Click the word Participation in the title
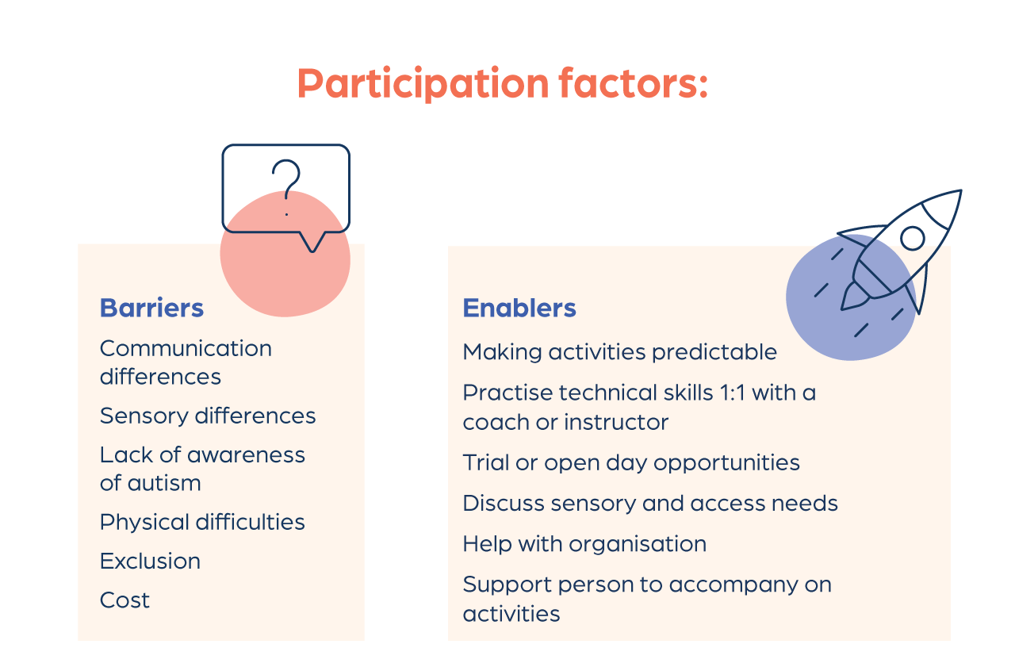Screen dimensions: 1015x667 (x=423, y=83)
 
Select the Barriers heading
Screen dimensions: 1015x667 (x=151, y=309)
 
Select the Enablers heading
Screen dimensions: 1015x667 (x=519, y=309)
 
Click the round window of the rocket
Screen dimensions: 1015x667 (x=913, y=239)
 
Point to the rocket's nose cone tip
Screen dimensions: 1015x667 (x=961, y=191)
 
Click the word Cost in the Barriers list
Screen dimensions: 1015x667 (x=124, y=600)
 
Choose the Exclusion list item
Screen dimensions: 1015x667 (x=150, y=561)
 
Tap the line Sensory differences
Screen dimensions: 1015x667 (x=208, y=416)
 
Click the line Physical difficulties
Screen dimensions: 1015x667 (x=202, y=523)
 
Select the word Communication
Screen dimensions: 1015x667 (x=186, y=348)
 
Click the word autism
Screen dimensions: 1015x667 (x=164, y=483)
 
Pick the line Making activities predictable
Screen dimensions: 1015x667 (x=620, y=352)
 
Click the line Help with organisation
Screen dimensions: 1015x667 (x=584, y=544)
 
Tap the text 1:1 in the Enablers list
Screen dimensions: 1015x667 (x=732, y=393)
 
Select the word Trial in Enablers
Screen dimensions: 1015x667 (x=485, y=462)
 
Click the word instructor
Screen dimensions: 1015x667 (x=616, y=422)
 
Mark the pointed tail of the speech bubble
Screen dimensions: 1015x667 (x=312, y=250)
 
